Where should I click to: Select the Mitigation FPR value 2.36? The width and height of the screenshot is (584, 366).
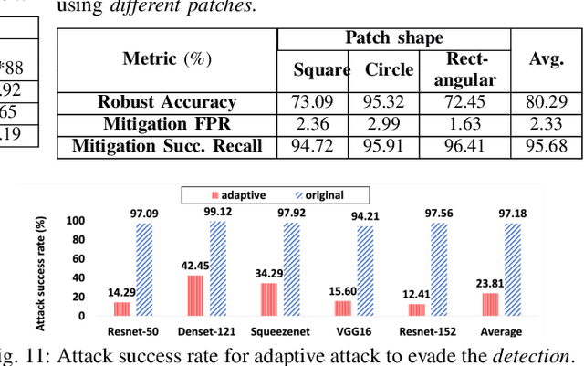[x=321, y=124]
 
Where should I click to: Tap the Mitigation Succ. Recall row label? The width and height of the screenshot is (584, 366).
[x=167, y=145]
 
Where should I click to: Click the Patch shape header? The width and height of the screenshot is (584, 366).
[x=393, y=38]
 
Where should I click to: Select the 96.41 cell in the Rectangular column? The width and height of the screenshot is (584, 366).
[x=471, y=145]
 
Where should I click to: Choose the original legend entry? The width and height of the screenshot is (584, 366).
[x=335, y=195]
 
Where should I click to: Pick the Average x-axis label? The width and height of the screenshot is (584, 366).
[x=502, y=331]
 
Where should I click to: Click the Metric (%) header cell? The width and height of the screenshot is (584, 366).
[x=167, y=59]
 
